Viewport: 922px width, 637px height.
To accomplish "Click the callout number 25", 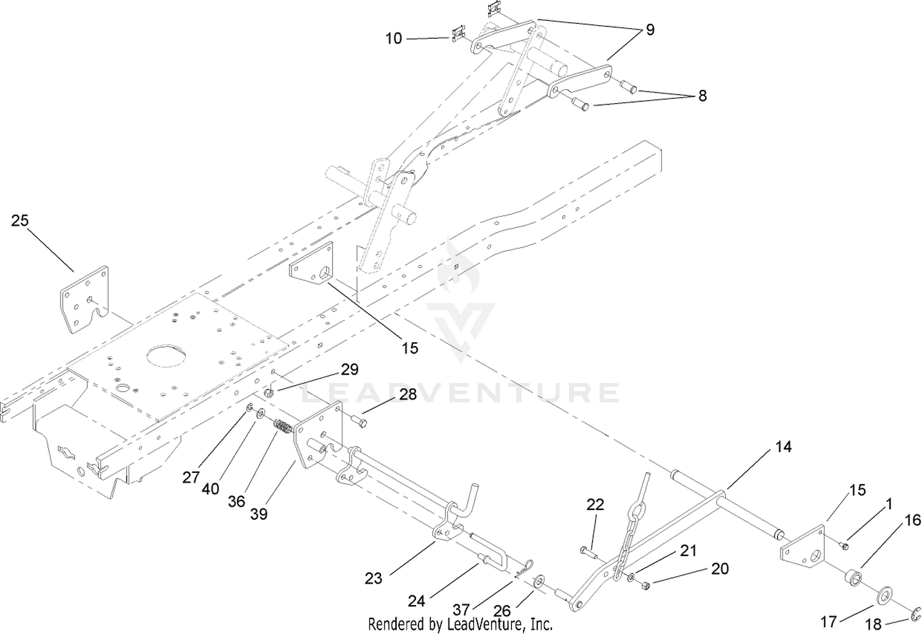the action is tap(20, 221).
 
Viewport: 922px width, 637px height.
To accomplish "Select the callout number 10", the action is tap(393, 39).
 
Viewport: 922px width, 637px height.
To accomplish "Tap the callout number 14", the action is tap(783, 447).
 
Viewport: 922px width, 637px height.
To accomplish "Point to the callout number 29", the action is tap(350, 369).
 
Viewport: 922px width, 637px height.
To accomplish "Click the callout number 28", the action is tap(408, 394).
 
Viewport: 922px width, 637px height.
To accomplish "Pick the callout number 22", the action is tap(595, 504).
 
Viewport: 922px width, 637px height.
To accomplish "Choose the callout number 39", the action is tap(259, 514).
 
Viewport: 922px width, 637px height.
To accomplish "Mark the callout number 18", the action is tap(873, 625).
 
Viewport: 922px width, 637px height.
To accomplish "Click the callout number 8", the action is tap(702, 96).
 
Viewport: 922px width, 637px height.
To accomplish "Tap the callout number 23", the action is tap(373, 579).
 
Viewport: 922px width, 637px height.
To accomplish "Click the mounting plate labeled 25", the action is tap(85, 299).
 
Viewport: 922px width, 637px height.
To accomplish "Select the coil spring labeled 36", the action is tap(282, 426).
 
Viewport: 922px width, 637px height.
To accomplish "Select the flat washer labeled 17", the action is tap(883, 596).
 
